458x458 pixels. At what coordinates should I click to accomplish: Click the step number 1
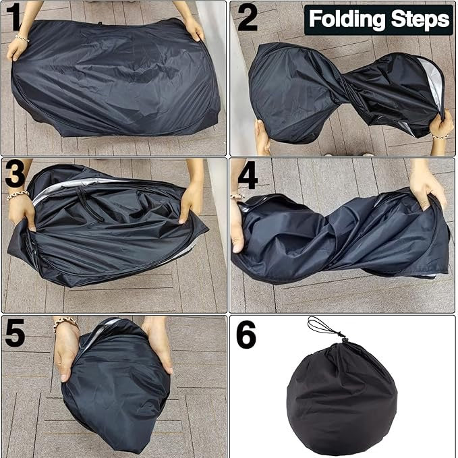coord(13,17)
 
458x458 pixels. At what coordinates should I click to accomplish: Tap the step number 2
coord(248,18)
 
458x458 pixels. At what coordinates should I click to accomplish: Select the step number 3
coord(15,175)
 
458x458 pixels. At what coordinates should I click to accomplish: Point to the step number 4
coord(248,175)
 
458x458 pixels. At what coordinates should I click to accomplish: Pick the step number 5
coord(15,333)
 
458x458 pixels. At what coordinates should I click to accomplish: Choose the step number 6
coord(246,335)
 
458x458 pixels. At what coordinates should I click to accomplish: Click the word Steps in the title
coord(420,19)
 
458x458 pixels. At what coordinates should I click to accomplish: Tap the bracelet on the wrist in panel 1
coord(22,38)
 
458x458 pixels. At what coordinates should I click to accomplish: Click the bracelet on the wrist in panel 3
coord(18,195)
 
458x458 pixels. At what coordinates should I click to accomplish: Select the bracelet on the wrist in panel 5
coord(65,323)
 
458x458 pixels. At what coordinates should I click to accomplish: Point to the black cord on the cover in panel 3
coord(90,205)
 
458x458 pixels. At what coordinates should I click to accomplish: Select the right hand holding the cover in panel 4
coord(427,188)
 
